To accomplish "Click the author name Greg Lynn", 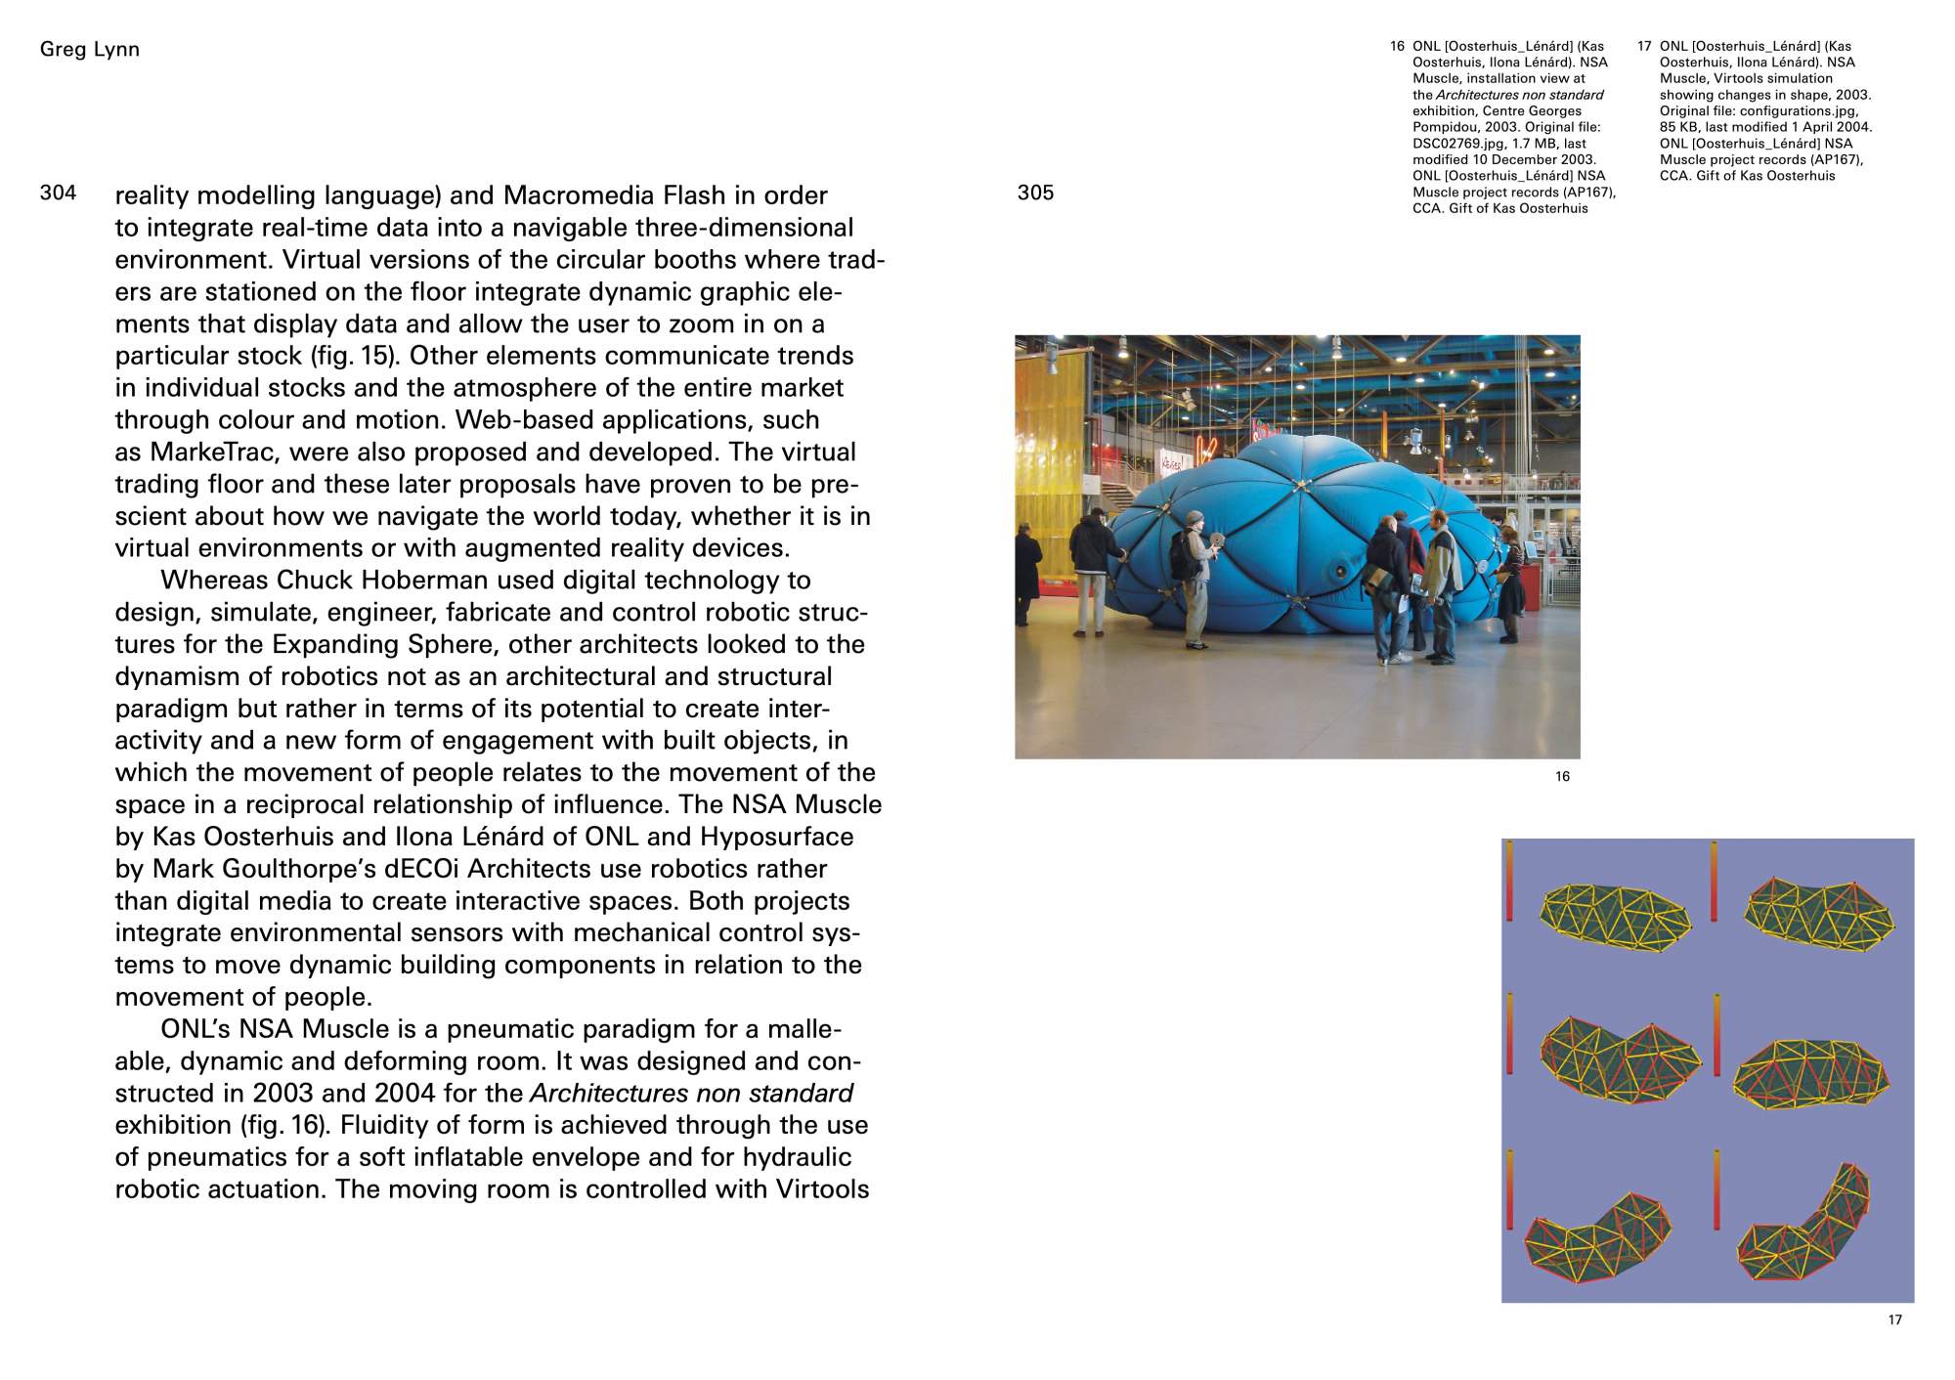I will pyautogui.click(x=89, y=50).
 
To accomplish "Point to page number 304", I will pyautogui.click(x=58, y=193).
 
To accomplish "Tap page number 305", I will pyautogui.click(x=1035, y=193).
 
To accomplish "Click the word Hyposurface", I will pyautogui.click(x=777, y=838).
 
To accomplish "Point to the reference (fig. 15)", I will pyautogui.click(x=353, y=356).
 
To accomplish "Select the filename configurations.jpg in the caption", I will pyautogui.click(x=1799, y=111).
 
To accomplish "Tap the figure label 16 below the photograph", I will pyautogui.click(x=1562, y=777).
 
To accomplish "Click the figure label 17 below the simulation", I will pyautogui.click(x=1895, y=1320).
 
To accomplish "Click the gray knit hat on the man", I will pyautogui.click(x=1195, y=517).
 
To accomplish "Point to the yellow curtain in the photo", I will pyautogui.click(x=1050, y=459).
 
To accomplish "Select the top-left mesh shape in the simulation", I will pyautogui.click(x=1614, y=917).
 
